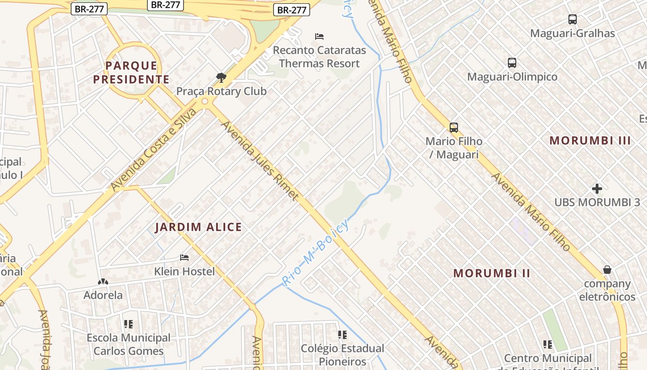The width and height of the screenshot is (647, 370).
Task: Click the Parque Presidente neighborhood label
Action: pos(131,73)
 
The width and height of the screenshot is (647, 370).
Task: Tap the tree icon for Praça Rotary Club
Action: pos(221,77)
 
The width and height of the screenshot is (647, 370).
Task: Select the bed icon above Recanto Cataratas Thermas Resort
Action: pos(319,36)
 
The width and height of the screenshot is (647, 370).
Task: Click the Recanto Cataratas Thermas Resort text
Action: pos(319,57)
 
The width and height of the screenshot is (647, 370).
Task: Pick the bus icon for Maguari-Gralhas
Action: pos(572,19)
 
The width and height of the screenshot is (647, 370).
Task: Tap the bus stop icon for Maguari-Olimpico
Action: pos(512,63)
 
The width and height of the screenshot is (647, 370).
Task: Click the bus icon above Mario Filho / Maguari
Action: pos(453,128)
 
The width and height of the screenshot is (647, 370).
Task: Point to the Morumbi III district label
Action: pos(590,141)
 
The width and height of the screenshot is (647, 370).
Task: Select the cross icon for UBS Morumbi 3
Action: pos(597,189)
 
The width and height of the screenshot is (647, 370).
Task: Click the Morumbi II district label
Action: pos(492,273)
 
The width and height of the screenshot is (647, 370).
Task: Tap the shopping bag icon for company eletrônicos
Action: pos(607,270)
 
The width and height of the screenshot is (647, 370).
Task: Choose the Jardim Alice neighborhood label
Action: pos(198,227)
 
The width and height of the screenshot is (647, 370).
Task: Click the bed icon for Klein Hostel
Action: pos(184,257)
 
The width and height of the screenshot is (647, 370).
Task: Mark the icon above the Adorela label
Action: pos(103,282)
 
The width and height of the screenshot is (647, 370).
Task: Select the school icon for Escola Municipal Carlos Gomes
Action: pos(128,324)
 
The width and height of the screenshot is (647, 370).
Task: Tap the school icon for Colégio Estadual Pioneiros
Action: pos(342,334)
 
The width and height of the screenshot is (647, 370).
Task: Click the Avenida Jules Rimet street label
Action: pos(260,160)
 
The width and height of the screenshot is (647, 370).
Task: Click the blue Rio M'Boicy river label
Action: pos(316,253)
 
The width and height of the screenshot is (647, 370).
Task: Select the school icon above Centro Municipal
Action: pos(548,344)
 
